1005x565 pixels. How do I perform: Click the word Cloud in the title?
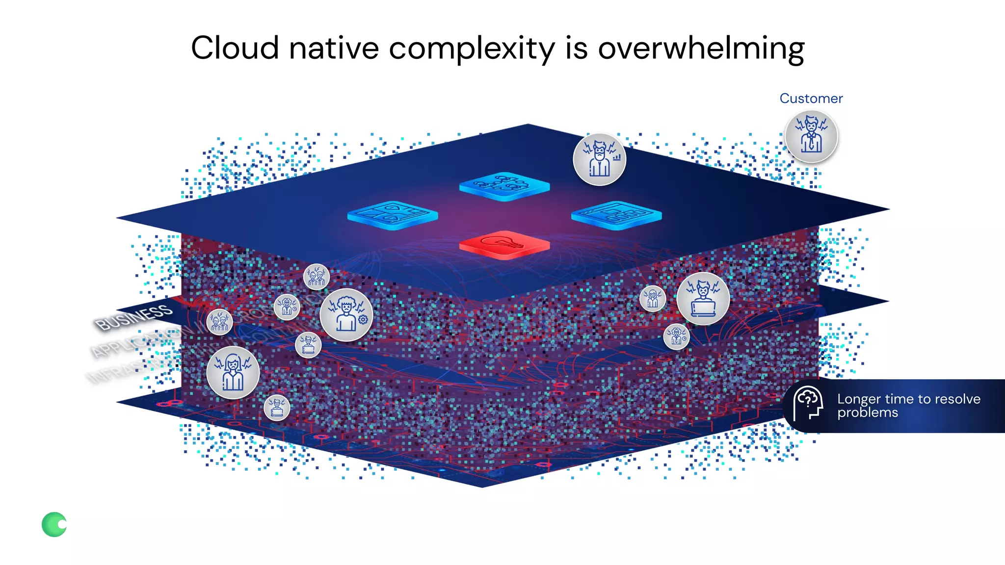tap(235, 48)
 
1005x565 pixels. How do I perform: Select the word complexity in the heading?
tap(472, 49)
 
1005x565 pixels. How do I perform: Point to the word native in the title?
tap(334, 48)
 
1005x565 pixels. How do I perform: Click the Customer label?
tap(811, 99)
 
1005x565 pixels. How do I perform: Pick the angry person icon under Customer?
tap(811, 137)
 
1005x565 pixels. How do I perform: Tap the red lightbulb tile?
tap(504, 244)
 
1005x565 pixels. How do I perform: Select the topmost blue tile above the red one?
tap(504, 186)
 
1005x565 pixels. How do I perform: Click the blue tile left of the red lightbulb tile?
tap(392, 215)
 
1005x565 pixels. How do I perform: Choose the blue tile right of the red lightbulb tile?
tap(616, 215)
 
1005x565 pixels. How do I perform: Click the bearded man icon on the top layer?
tap(599, 159)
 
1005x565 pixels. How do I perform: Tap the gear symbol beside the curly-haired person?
tap(363, 320)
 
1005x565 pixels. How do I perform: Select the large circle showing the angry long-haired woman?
tap(233, 373)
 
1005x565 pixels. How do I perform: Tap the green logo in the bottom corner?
tap(54, 524)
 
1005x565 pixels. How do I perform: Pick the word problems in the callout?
tap(867, 413)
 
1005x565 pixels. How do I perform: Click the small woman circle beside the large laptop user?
tap(653, 298)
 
